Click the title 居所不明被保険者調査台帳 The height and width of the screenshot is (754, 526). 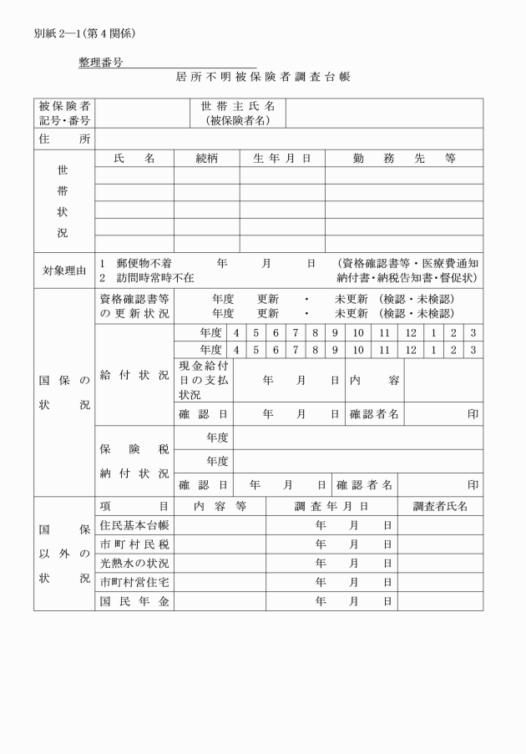point(263,76)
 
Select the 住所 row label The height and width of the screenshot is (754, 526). point(64,139)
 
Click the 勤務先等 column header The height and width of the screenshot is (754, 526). point(403,158)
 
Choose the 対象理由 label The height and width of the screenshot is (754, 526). point(64,270)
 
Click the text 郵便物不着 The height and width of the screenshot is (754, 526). point(144,262)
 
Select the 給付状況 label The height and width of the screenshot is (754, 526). point(134,375)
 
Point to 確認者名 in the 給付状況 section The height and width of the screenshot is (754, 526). point(373,413)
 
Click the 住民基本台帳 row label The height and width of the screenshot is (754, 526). point(134,525)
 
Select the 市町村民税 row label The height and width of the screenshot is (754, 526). point(134,544)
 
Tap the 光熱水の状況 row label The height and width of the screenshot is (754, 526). point(134,563)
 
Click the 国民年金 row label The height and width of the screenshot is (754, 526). point(134,600)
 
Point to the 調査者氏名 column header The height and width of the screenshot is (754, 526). point(440,506)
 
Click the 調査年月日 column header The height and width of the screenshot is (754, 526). point(331,506)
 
